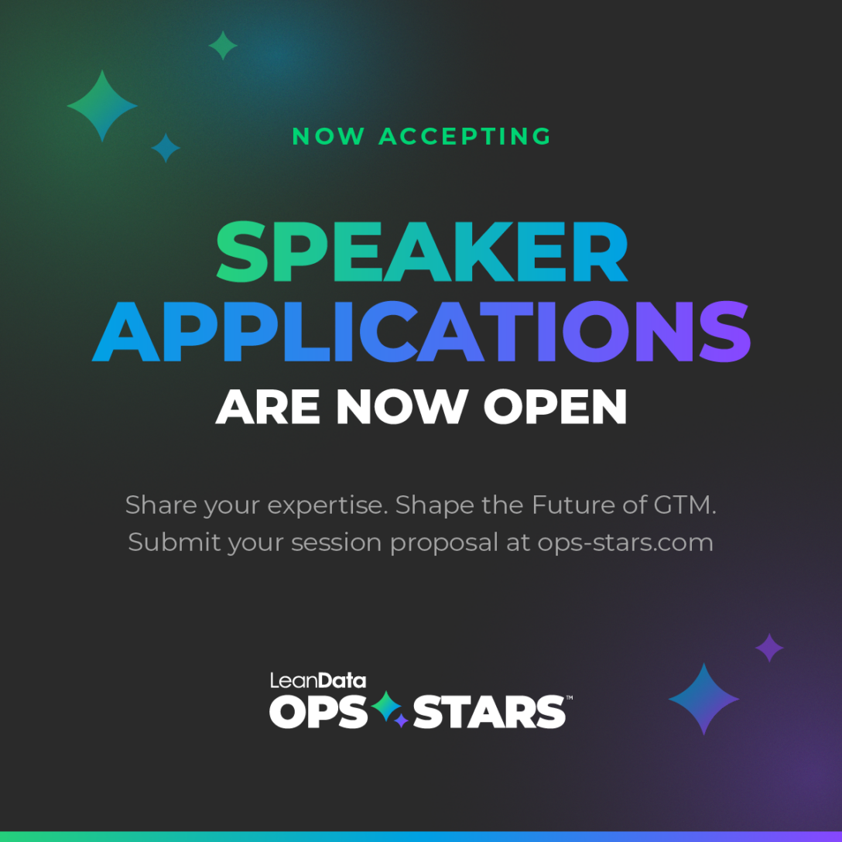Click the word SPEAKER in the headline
(422, 253)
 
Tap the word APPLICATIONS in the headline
(422, 331)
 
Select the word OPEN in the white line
(555, 406)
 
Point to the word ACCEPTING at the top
(465, 137)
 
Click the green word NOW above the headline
(328, 137)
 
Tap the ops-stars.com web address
(625, 542)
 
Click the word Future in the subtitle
(569, 505)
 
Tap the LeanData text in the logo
(317, 681)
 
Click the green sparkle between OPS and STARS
(386, 706)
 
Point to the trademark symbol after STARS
(570, 698)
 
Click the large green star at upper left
(102, 106)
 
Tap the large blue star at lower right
(703, 699)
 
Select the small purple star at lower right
(769, 648)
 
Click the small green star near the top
(223, 46)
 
